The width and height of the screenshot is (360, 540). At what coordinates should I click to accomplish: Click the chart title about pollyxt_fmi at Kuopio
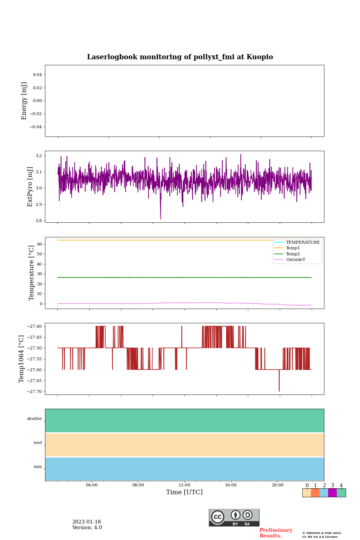click(180, 57)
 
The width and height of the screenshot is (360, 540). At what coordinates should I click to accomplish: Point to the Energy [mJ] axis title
click(24, 101)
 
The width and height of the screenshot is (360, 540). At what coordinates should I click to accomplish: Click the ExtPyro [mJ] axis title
click(30, 187)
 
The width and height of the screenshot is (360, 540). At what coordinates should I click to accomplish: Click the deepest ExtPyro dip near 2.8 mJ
click(160, 219)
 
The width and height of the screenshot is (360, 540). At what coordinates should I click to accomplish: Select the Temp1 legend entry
click(293, 248)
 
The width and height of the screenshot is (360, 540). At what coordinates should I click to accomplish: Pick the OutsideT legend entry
click(295, 260)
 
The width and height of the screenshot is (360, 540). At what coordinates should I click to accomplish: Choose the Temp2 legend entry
click(293, 254)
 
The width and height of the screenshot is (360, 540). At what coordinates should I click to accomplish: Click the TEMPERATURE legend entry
click(303, 243)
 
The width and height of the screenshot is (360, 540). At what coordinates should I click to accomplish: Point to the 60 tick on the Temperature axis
click(39, 244)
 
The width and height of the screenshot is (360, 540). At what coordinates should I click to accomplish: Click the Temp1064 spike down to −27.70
click(279, 390)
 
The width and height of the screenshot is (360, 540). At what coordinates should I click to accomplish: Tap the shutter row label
click(34, 419)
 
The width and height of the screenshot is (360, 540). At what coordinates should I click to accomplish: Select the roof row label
click(38, 443)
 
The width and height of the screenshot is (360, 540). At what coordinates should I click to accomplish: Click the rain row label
click(38, 467)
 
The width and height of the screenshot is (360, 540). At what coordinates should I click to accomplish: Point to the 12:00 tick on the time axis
click(184, 485)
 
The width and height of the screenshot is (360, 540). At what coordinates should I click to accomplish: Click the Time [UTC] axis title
click(184, 492)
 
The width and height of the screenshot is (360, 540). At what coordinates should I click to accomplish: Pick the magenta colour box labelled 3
click(332, 493)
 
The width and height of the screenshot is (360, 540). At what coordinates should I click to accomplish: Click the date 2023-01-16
click(87, 522)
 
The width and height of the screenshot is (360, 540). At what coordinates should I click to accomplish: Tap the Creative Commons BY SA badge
click(234, 517)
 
